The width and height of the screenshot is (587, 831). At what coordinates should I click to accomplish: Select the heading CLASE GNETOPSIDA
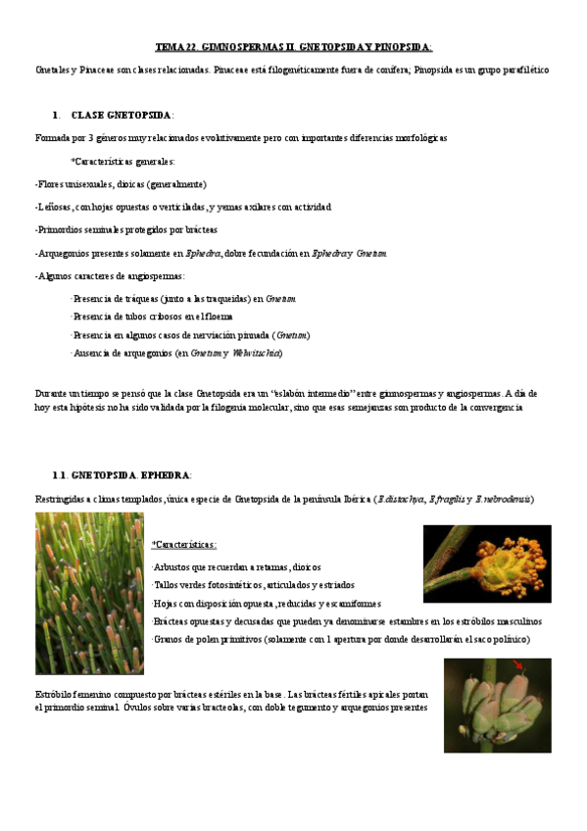[x=122, y=115]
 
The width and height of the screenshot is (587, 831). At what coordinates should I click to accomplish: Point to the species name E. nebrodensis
[x=503, y=500]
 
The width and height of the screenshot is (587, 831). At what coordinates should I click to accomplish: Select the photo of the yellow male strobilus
[x=486, y=562]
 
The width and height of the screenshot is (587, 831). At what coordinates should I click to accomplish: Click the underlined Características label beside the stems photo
[x=184, y=544]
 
